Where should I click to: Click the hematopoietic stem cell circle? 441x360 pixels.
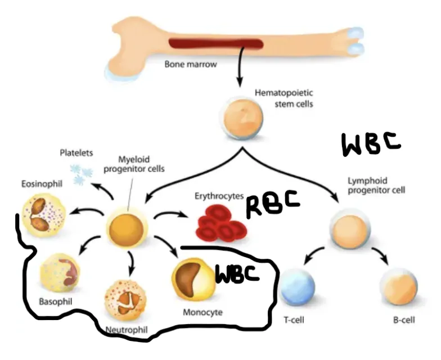pos(240,118)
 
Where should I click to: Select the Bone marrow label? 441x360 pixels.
pos(191,64)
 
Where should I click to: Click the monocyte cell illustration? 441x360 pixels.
pos(192,279)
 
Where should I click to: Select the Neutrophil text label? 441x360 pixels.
pos(127,328)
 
